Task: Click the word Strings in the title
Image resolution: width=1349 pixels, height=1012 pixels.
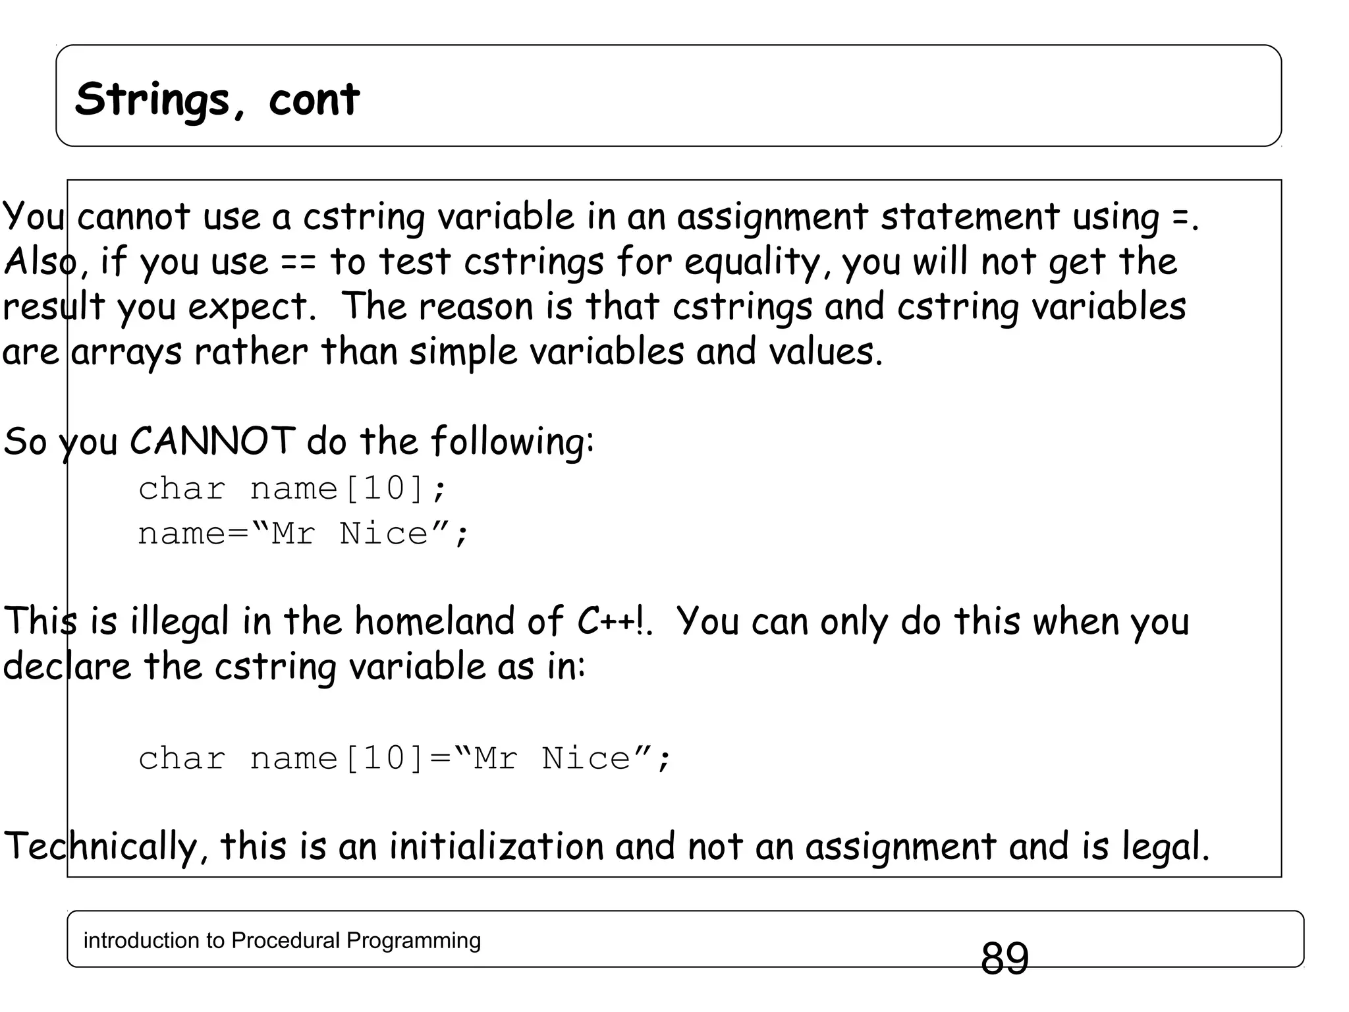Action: [152, 99]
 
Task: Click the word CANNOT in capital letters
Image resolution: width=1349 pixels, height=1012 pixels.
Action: [212, 441]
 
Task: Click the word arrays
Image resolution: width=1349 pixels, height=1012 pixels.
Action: [126, 352]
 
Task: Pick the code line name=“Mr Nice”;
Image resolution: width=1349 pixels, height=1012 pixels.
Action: [303, 534]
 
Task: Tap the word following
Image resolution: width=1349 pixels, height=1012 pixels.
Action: [512, 441]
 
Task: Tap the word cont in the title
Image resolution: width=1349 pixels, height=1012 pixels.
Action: [314, 99]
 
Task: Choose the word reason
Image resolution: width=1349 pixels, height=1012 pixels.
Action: [475, 307]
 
